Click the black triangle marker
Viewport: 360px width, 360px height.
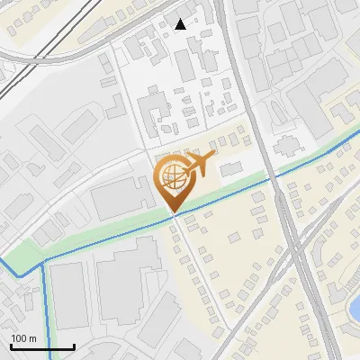181,24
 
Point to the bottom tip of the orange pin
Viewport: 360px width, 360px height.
173,212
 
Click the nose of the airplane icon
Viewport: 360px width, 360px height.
214,157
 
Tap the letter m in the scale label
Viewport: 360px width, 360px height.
33,338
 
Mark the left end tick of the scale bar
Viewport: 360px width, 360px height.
11,346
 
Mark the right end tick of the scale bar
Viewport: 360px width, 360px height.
74,346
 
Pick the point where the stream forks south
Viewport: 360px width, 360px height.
44,261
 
